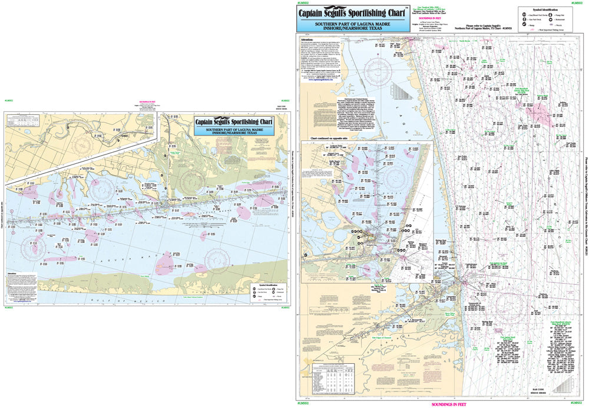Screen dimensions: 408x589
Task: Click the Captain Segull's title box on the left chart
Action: click(234, 125)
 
